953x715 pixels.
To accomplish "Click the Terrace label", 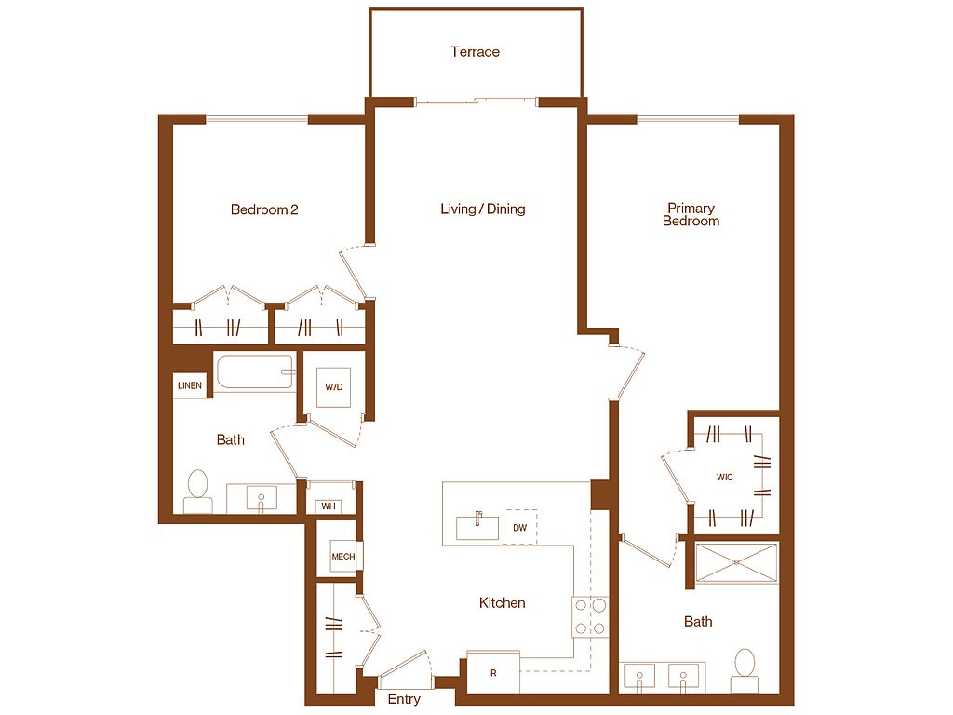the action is [x=475, y=52].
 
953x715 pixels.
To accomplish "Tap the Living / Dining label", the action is [x=483, y=209].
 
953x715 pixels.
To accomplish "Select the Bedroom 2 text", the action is [x=264, y=209].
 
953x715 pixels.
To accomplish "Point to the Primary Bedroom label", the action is [x=691, y=215].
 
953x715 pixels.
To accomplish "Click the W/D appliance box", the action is [x=334, y=387].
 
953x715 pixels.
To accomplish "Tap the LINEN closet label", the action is [x=190, y=385].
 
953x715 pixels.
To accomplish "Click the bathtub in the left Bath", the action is [x=256, y=371].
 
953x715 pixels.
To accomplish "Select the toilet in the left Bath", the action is [x=198, y=492].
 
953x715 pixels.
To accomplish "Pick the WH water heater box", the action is [x=329, y=506].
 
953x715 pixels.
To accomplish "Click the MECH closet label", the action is [x=343, y=557].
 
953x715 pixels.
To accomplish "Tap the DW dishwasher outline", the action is [x=519, y=527].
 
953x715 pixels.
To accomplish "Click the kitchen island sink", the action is [x=477, y=527].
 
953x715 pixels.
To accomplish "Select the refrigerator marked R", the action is [x=493, y=672].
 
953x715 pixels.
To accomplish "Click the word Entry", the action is [x=404, y=699].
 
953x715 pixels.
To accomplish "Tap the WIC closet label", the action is [x=724, y=478].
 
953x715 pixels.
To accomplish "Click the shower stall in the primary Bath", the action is [x=737, y=563].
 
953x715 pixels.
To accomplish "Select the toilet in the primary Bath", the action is [x=745, y=670].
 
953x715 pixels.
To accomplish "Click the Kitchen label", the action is [x=502, y=603].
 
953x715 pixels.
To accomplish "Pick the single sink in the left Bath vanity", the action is [x=262, y=498].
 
